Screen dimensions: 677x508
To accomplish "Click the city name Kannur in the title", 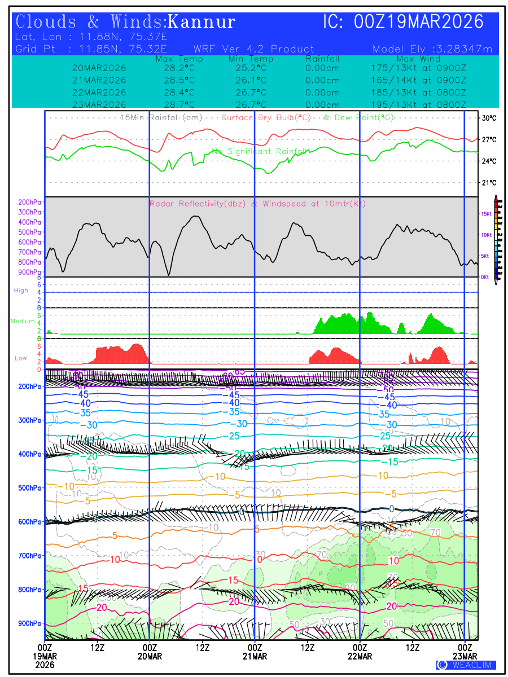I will [x=202, y=23].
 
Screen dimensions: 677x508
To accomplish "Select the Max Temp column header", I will [x=175, y=59].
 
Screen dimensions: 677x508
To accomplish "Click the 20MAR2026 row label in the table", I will [x=99, y=68].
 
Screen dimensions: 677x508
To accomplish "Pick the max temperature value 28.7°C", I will [x=175, y=105].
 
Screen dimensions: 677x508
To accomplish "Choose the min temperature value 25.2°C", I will [x=251, y=68].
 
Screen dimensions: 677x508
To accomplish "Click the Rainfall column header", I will [x=322, y=59].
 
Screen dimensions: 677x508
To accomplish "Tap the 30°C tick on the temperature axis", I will [x=488, y=118].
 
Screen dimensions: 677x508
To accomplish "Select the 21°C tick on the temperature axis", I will [x=488, y=183].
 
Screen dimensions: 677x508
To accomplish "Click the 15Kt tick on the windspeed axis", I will [x=485, y=214].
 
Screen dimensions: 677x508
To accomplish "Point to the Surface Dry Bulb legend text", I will [x=266, y=117].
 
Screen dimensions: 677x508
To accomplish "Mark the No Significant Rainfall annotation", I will [x=259, y=151].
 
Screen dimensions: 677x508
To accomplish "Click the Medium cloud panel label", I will [x=23, y=321].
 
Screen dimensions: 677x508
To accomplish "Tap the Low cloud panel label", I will [x=20, y=358].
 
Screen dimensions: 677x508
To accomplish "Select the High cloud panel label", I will [x=21, y=291].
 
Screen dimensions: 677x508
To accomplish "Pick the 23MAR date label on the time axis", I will [x=465, y=656].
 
